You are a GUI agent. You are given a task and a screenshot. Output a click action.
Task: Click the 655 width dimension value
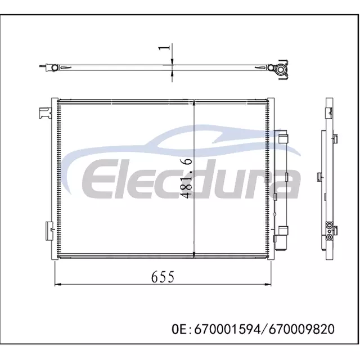[163, 277]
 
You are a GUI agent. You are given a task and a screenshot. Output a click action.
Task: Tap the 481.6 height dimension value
[186, 178]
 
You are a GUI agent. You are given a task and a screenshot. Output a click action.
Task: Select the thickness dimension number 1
[164, 47]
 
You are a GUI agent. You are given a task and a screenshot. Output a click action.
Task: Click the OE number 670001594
[227, 329]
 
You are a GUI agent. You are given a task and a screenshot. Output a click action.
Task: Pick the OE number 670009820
[301, 329]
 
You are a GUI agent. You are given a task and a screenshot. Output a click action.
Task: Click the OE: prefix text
[182, 329]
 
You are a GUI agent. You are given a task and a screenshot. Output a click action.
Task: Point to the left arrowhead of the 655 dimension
[58, 284]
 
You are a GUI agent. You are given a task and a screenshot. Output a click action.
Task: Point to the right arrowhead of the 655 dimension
[268, 284]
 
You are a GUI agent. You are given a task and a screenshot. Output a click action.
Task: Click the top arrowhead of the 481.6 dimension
[195, 103]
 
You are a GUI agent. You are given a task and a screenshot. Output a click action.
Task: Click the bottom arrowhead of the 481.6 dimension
[195, 255]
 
